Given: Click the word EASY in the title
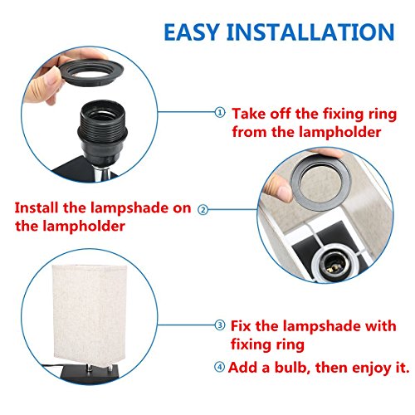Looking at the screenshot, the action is pyautogui.click(x=192, y=32).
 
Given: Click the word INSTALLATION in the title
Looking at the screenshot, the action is pyautogui.click(x=310, y=32).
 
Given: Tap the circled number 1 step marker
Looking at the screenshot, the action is pyautogui.click(x=220, y=112).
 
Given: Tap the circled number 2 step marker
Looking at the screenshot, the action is pyautogui.click(x=203, y=210).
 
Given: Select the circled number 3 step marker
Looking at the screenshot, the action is pyautogui.click(x=220, y=325).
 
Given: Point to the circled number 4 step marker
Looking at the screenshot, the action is pyautogui.click(x=219, y=367).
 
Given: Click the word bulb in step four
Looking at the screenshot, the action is pyautogui.click(x=291, y=368).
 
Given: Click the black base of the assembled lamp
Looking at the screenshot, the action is pyautogui.click(x=90, y=374).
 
